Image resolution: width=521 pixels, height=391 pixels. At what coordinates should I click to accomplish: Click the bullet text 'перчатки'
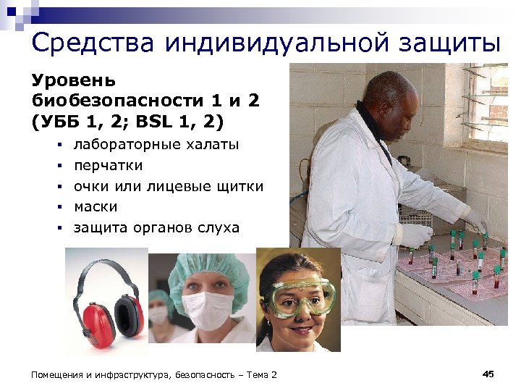[x=108, y=166]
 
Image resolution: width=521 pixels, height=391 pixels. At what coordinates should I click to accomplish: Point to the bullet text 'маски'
[x=96, y=207]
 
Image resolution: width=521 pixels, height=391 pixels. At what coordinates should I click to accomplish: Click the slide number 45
[x=488, y=374]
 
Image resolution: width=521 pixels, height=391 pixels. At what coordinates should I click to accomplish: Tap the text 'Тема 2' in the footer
[x=260, y=374]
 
